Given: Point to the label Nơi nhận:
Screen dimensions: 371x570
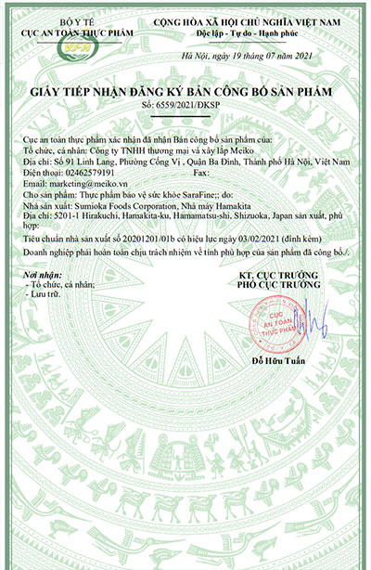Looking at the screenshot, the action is (x=45, y=277).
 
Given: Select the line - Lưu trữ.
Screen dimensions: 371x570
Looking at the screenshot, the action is (x=51, y=296).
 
